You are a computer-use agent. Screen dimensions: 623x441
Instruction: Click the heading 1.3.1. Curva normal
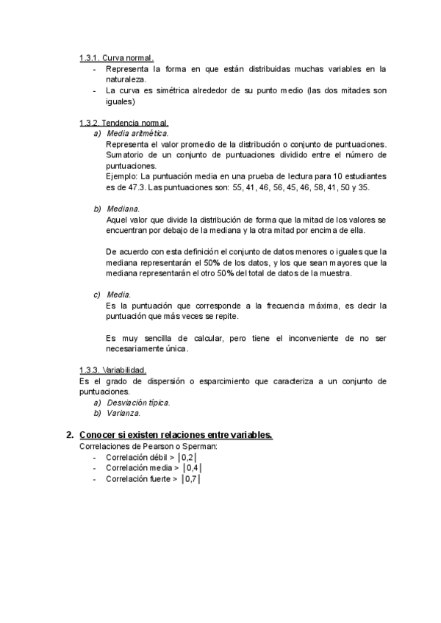(117, 58)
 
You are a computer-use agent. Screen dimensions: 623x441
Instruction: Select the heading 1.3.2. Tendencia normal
(124, 123)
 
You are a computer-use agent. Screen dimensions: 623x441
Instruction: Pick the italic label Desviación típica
(138, 403)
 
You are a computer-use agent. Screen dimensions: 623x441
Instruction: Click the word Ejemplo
(122, 177)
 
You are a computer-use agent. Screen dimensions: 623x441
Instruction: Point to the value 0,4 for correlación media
(193, 468)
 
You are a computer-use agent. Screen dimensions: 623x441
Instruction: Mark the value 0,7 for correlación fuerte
(192, 479)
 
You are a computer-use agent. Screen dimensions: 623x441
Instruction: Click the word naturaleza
(126, 79)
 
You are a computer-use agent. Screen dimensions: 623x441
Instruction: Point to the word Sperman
(201, 446)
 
